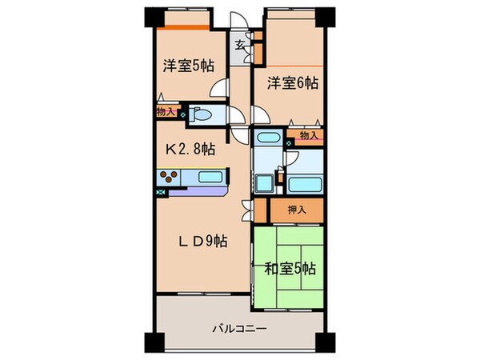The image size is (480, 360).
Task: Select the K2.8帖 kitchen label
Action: [190, 149]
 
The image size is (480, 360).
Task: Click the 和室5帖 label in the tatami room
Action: [289, 267]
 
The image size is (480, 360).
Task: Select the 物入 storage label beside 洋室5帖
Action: [166, 113]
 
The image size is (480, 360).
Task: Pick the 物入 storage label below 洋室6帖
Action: [309, 136]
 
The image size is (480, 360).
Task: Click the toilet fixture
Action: [200, 114]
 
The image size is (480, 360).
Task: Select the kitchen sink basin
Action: [210, 178]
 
